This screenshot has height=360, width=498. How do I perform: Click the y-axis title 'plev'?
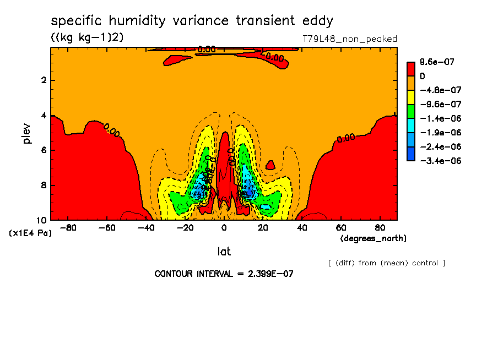click(x=27, y=133)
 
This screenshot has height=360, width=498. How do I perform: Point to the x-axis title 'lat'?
click(x=224, y=252)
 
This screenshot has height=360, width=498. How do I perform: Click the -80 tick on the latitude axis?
click(x=68, y=227)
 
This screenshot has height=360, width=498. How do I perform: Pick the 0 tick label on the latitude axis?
click(x=224, y=227)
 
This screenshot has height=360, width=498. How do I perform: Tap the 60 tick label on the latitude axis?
click(x=340, y=227)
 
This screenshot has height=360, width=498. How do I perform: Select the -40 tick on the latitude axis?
click(x=146, y=227)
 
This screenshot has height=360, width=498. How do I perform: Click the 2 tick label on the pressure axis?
click(x=42, y=80)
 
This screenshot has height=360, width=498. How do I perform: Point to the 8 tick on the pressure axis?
click(x=42, y=186)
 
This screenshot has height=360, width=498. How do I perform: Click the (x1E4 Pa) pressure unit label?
click(x=30, y=233)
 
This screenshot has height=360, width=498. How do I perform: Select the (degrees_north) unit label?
click(x=373, y=238)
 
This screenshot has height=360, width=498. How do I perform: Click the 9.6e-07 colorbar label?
click(x=437, y=62)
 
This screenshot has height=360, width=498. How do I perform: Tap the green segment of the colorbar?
click(x=411, y=111)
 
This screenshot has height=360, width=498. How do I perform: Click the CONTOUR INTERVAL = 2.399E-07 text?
click(x=224, y=274)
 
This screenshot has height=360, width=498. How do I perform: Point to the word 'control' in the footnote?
click(x=425, y=263)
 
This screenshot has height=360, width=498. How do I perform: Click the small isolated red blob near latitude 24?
click(x=270, y=165)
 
